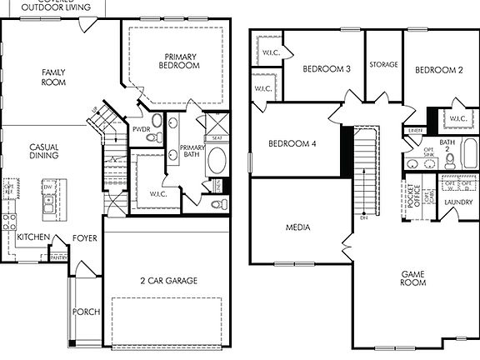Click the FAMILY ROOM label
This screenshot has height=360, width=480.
point(54,77)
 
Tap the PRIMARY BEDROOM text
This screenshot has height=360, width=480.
point(180,61)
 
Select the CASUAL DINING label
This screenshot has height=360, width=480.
point(43,150)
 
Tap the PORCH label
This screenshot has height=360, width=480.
point(86,312)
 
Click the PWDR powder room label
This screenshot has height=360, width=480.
point(141,129)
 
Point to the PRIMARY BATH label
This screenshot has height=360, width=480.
point(192,151)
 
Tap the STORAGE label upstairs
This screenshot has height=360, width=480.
point(383,63)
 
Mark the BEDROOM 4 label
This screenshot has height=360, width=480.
point(292,143)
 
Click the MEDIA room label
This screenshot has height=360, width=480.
point(297,227)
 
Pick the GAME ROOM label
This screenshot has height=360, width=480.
point(414,277)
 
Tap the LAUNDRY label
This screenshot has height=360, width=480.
point(457,202)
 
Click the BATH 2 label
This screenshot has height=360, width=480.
point(447,147)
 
